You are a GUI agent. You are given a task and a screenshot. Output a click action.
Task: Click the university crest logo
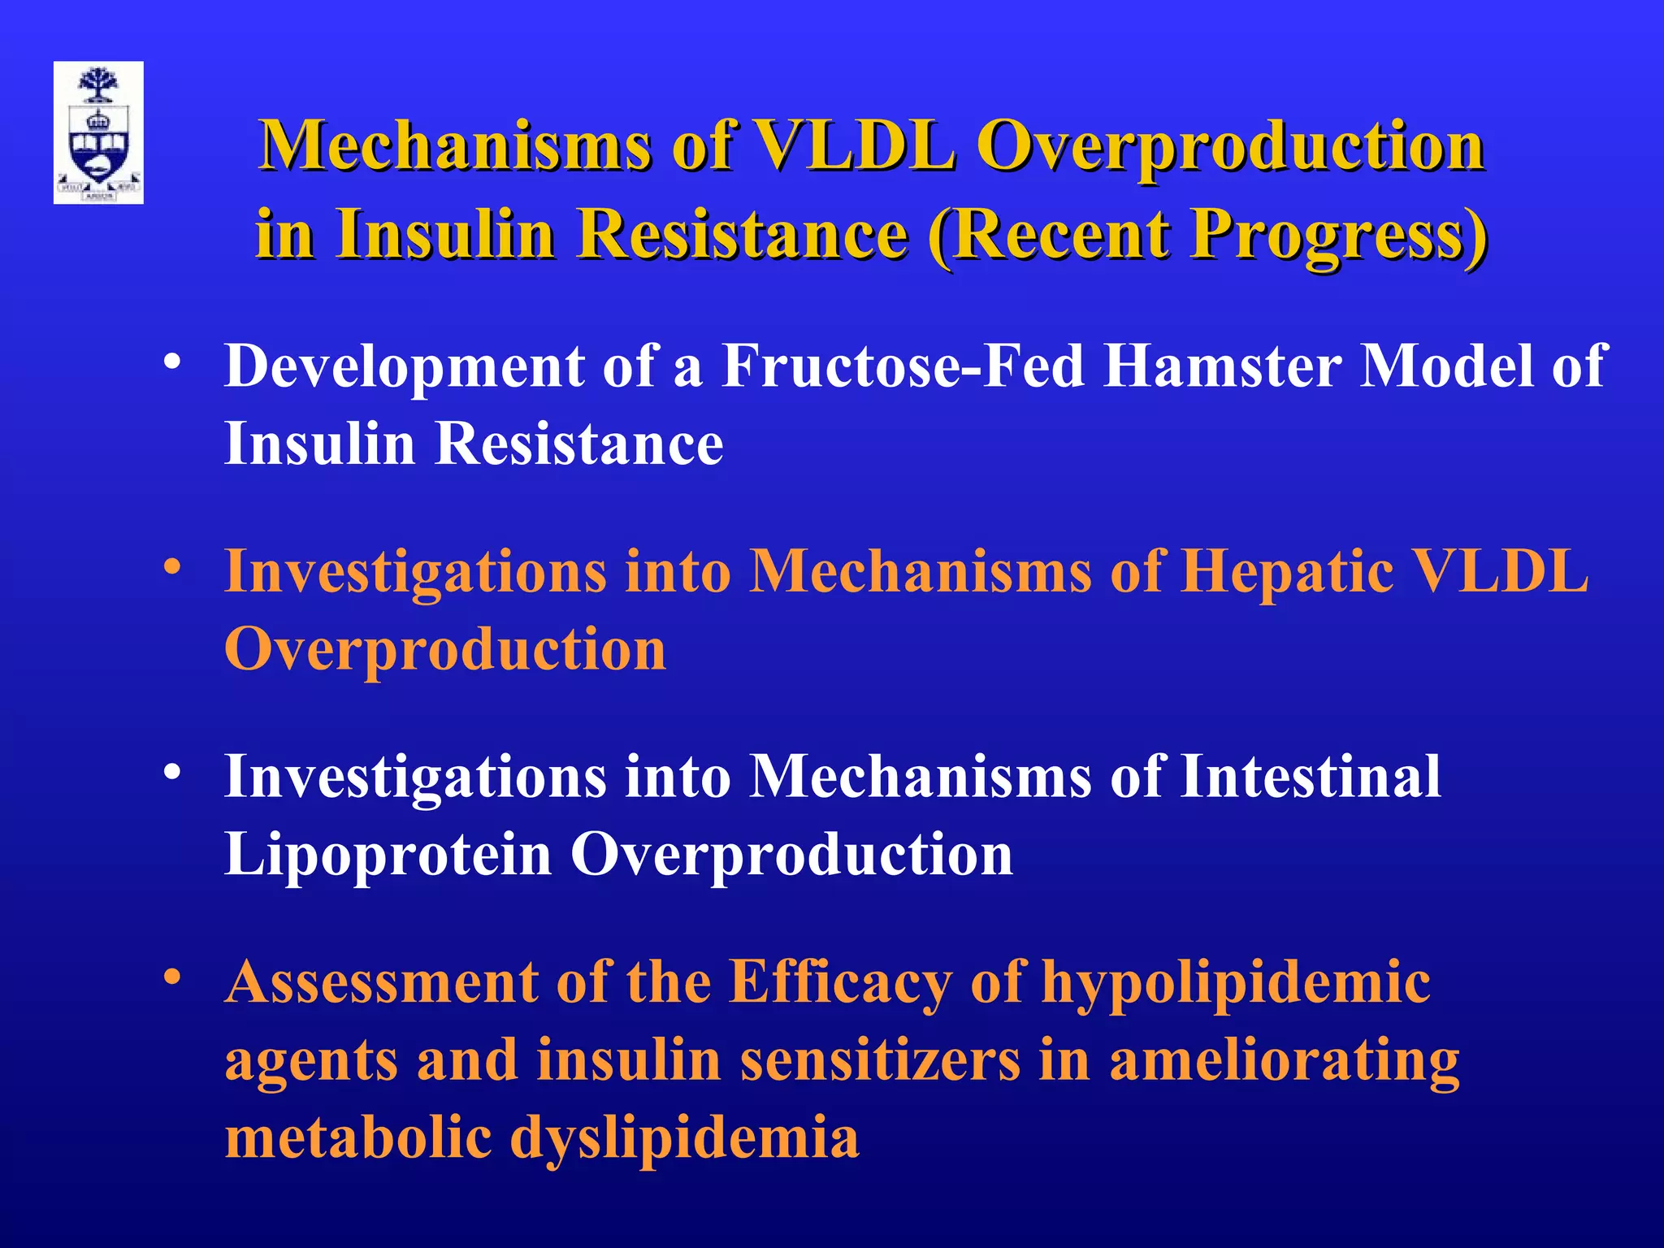coord(98,132)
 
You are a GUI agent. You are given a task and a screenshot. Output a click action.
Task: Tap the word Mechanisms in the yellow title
coord(456,146)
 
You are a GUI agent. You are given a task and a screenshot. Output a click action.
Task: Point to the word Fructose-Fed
coord(903,366)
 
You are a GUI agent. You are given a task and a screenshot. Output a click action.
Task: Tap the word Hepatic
coord(1287,571)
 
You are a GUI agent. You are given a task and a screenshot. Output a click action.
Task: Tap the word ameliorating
coord(1284,1060)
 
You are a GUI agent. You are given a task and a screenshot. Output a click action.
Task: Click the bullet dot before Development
coord(171,362)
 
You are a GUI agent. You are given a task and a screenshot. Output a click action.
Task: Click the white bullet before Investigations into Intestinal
coord(171,773)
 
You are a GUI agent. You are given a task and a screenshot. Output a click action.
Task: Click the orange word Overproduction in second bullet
coord(444,650)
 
